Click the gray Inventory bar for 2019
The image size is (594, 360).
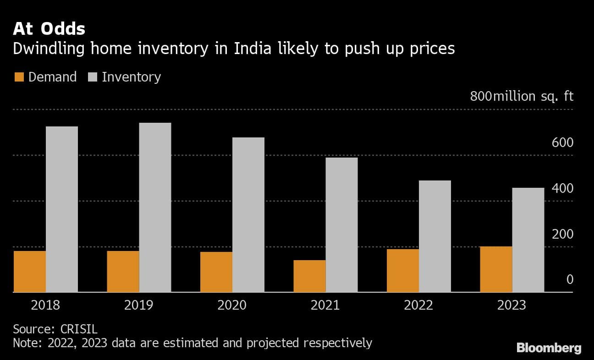pyautogui.click(x=155, y=207)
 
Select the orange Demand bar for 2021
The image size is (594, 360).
pyautogui.click(x=309, y=276)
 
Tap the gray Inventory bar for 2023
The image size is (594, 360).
pyautogui.click(x=528, y=240)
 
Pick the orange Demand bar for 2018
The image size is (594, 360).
pyautogui.click(x=30, y=271)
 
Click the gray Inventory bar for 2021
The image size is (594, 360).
pyautogui.click(x=341, y=224)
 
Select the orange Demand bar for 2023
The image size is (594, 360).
pyautogui.click(x=496, y=269)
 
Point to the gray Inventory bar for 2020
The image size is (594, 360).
pyautogui.click(x=248, y=214)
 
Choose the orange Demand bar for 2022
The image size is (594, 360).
pyautogui.click(x=402, y=270)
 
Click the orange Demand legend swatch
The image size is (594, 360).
pyautogui.click(x=18, y=77)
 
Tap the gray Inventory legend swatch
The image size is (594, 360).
pyautogui.click(x=92, y=77)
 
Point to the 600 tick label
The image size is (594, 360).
pyautogui.click(x=562, y=143)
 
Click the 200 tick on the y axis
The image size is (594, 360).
pyautogui.click(x=562, y=234)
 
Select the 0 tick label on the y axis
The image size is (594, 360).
pyautogui.click(x=570, y=279)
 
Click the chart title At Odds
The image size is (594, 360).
pyautogui.click(x=49, y=29)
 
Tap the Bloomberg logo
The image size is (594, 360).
pyautogui.click(x=549, y=348)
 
